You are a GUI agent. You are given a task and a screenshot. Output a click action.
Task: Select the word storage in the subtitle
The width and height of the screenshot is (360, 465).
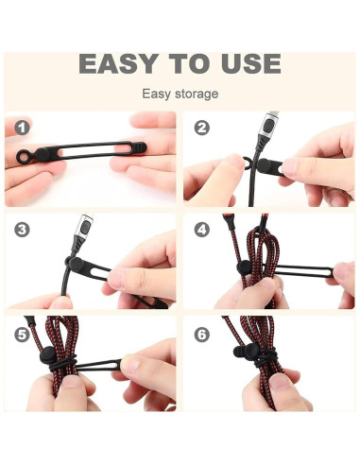[x=197, y=94]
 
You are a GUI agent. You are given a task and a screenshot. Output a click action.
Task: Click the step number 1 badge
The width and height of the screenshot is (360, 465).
[x=22, y=128]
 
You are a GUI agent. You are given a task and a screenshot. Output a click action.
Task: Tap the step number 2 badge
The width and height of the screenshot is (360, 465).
[x=202, y=128]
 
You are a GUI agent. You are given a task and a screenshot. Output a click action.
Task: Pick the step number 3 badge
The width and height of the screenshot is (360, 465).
[x=22, y=230]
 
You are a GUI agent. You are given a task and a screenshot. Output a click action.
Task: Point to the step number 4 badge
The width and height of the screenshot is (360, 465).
[x=202, y=230]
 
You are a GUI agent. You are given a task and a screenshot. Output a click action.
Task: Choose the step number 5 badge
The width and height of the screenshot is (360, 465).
[x=22, y=335]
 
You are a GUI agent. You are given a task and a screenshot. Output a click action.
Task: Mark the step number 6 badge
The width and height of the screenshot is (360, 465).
[x=202, y=335]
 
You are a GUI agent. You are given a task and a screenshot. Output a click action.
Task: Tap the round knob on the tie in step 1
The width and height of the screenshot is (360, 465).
[x=43, y=154]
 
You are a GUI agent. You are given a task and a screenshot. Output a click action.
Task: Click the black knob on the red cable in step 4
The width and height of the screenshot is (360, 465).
[x=244, y=267]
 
